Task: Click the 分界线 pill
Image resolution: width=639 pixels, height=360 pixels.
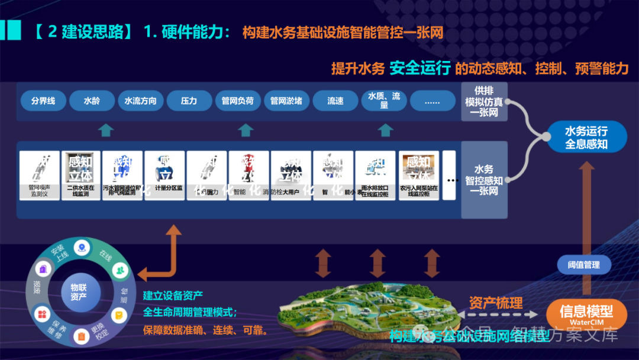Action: pos(43,101)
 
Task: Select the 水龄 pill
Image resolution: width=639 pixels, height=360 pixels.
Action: pos(92,101)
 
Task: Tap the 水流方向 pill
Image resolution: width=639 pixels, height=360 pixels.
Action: pos(140,101)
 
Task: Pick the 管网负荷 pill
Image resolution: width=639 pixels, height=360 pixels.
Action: pos(237,101)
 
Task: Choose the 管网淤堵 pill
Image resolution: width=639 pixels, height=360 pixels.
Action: pos(286,101)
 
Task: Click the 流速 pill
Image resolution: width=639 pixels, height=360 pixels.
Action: pos(335,101)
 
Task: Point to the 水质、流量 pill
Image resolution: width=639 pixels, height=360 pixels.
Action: pos(384,101)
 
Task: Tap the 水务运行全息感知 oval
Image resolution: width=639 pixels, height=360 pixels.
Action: pos(586,137)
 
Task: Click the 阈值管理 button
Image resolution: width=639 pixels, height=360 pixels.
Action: pos(583,265)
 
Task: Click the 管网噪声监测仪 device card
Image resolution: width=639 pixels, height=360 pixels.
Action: pos(40,175)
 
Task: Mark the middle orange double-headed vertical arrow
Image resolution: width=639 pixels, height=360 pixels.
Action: pos(377,263)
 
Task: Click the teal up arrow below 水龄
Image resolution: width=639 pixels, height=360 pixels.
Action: pos(105,130)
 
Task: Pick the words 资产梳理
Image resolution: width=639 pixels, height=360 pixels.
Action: pos(495,303)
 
